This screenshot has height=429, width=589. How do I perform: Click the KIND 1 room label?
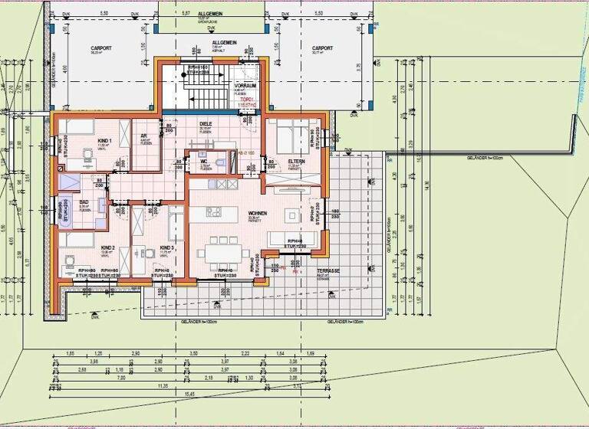click(105, 141)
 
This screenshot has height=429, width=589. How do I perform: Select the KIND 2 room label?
click(107, 248)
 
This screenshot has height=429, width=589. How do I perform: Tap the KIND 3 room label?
click(166, 248)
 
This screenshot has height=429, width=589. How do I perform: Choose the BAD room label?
click(84, 202)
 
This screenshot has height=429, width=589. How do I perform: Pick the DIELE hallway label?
click(206, 124)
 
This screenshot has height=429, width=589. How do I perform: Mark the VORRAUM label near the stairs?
click(245, 86)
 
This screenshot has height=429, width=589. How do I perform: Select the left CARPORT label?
click(100, 48)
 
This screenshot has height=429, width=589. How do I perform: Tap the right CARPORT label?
click(322, 48)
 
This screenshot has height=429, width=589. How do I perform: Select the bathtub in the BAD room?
click(69, 182)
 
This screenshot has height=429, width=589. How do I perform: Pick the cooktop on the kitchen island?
click(212, 211)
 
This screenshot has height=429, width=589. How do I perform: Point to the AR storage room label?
click(143, 136)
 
